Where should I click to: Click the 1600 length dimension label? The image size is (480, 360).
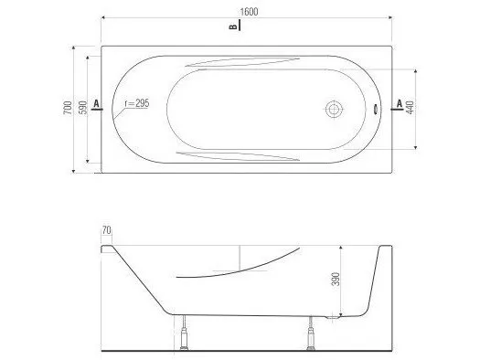point(249,12)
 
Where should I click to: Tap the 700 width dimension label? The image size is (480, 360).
point(68,108)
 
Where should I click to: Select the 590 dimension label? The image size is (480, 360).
point(83,108)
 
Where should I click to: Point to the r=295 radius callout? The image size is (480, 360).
point(137,103)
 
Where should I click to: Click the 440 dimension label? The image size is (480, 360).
point(411,107)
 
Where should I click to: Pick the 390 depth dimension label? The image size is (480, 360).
point(336,279)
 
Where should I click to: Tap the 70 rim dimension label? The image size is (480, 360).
point(107,230)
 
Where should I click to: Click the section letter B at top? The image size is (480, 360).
point(233,26)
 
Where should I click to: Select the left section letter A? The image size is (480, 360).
point(96,103)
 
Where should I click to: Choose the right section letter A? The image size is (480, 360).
point(400,103)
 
